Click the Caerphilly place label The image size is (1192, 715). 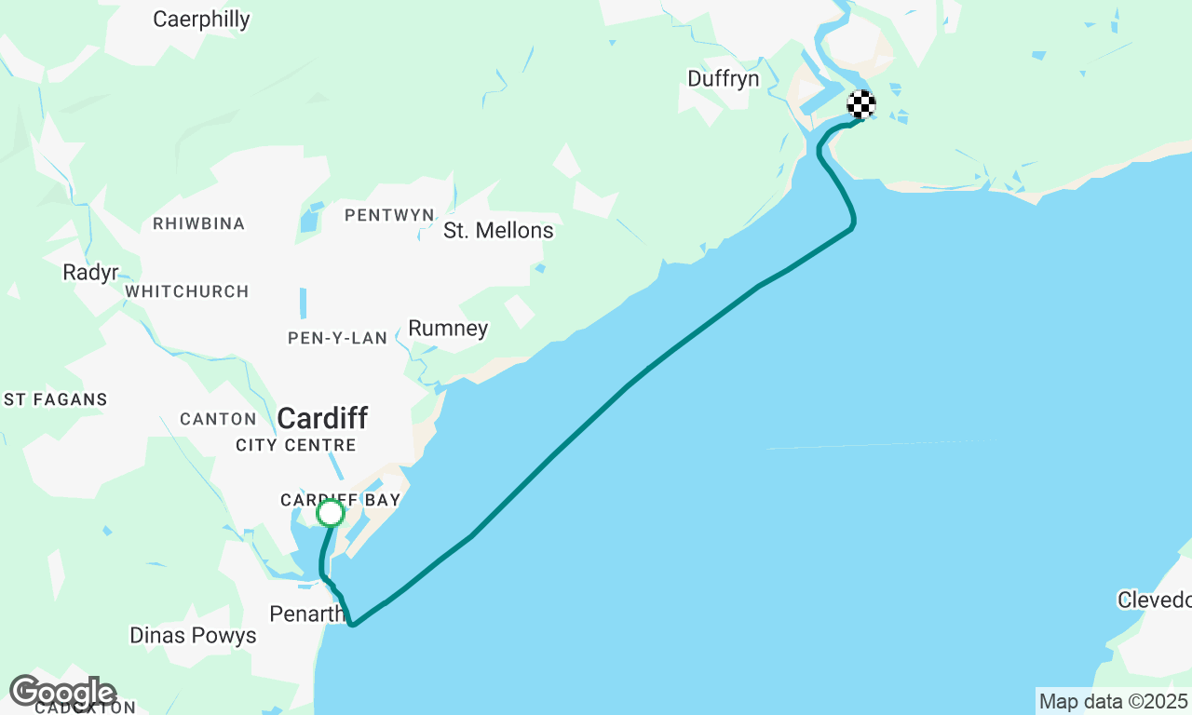tap(201, 19)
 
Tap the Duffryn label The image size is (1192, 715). tap(724, 79)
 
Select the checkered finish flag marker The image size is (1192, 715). tap(861, 104)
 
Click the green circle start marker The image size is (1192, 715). tap(331, 513)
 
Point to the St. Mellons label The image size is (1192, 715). tap(498, 230)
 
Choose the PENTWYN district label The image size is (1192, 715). tap(389, 216)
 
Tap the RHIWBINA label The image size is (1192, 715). tap(198, 224)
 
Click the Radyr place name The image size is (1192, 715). tap(90, 273)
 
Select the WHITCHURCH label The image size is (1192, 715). tap(187, 292)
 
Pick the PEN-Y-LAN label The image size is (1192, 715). tap(337, 338)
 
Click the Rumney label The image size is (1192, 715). tap(448, 329)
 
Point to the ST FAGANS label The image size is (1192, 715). tap(56, 400)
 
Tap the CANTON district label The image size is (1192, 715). tap(218, 420)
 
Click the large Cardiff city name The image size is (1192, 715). tap(322, 418)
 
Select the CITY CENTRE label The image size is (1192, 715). tap(296, 445)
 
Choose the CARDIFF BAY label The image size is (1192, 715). tap(340, 500)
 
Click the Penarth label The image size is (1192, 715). tap(306, 614)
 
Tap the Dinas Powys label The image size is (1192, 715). tap(193, 636)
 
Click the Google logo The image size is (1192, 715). tap(62, 692)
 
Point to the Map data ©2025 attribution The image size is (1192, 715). tap(1113, 701)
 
